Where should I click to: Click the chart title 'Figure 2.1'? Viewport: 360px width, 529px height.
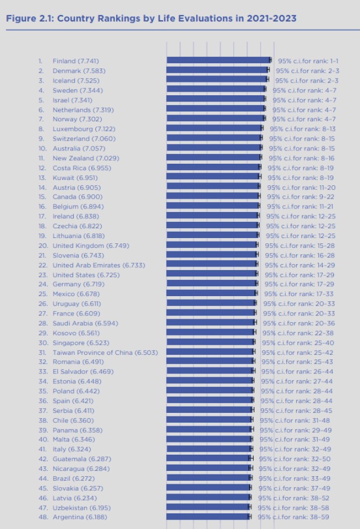click(x=150, y=19)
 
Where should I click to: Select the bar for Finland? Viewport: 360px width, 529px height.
click(x=218, y=60)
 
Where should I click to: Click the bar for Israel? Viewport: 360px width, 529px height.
click(x=215, y=100)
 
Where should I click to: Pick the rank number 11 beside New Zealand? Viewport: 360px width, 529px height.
click(x=42, y=158)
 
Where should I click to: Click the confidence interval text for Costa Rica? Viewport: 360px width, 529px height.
click(x=300, y=168)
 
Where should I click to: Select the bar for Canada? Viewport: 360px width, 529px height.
click(x=213, y=197)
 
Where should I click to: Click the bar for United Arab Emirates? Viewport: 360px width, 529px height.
click(x=211, y=265)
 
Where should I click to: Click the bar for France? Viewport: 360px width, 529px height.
click(x=210, y=313)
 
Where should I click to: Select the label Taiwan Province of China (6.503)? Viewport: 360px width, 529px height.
click(x=96, y=352)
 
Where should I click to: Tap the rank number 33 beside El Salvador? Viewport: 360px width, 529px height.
click(x=42, y=372)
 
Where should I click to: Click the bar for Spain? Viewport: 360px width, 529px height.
click(x=210, y=401)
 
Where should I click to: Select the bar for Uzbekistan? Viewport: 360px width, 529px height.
click(x=208, y=507)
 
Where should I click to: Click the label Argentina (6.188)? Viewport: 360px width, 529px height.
click(x=80, y=517)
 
